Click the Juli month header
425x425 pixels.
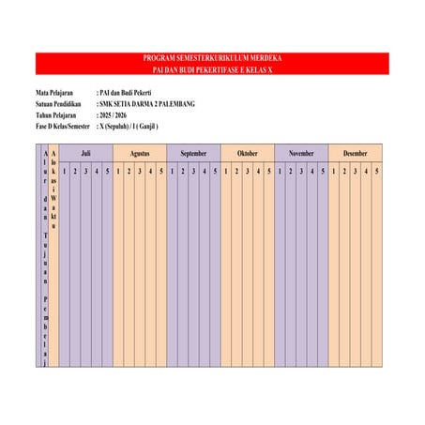click(85, 152)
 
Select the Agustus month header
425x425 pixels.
click(140, 152)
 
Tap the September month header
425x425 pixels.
click(193, 152)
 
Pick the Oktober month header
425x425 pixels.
click(248, 152)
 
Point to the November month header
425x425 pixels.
click(301, 152)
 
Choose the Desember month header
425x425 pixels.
click(356, 152)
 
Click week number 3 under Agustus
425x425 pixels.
click(140, 171)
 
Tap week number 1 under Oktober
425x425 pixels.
click(226, 171)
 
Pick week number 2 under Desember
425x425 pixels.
click(344, 171)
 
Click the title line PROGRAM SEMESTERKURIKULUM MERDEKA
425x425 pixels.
click(212, 59)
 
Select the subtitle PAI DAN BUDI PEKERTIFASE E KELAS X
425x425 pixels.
click(212, 69)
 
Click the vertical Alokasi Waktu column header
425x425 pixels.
click(53, 188)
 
